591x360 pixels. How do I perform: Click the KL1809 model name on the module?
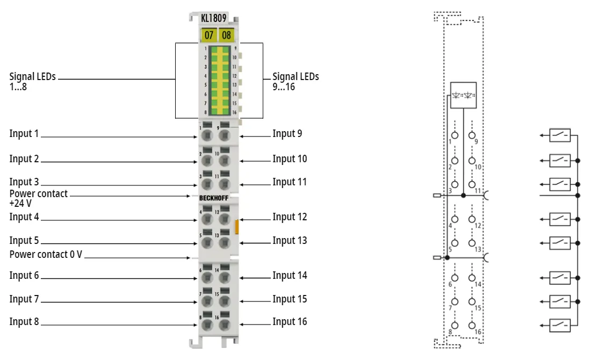click(x=214, y=18)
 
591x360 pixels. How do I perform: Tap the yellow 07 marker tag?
click(x=208, y=35)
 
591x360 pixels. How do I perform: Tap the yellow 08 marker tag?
click(x=226, y=35)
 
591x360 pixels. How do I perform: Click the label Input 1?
click(x=24, y=133)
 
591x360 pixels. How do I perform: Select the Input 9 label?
click(x=287, y=133)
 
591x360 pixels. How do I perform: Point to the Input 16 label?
click(x=290, y=321)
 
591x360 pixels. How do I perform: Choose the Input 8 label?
click(x=24, y=321)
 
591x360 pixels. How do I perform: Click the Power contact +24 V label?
click(x=39, y=198)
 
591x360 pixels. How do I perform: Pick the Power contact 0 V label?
click(x=46, y=255)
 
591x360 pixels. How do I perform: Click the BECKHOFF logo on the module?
click(x=214, y=198)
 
